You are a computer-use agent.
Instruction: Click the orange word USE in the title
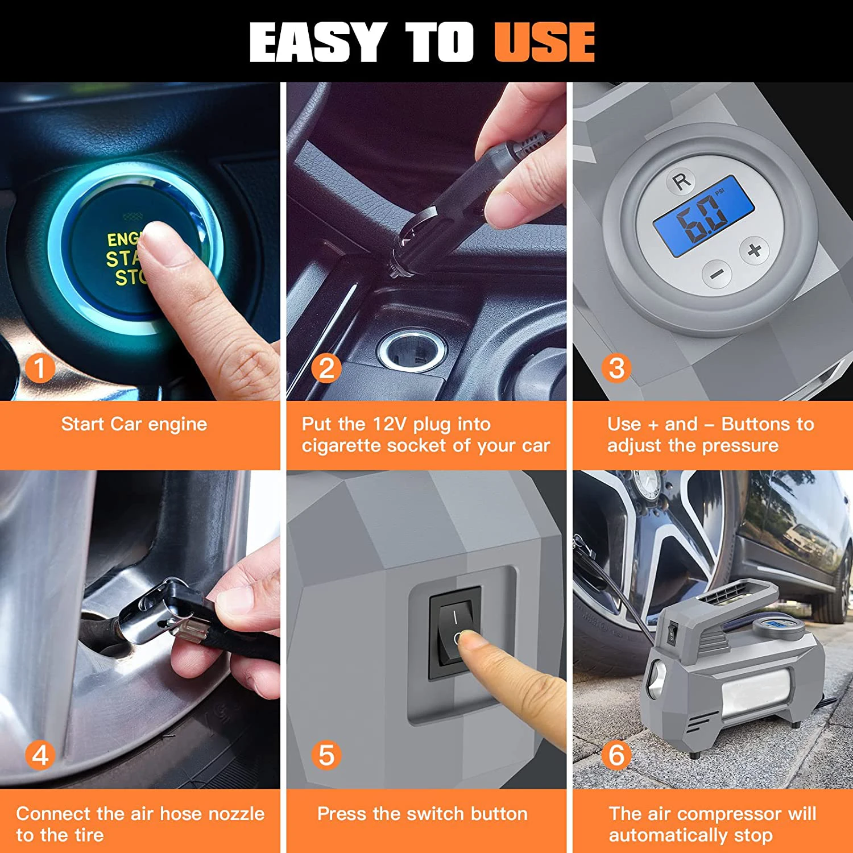click(544, 42)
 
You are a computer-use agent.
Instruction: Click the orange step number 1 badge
click(40, 368)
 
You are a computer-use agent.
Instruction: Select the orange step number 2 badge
click(326, 368)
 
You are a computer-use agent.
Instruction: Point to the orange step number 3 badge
click(616, 368)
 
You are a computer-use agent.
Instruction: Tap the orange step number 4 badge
click(40, 756)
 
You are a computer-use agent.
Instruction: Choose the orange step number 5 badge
click(326, 756)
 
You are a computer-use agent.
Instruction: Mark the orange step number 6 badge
click(616, 756)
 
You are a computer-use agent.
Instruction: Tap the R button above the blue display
click(681, 181)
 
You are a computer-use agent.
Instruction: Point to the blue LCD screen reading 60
click(704, 217)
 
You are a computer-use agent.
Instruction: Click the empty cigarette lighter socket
click(411, 348)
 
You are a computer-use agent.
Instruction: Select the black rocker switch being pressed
click(455, 633)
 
